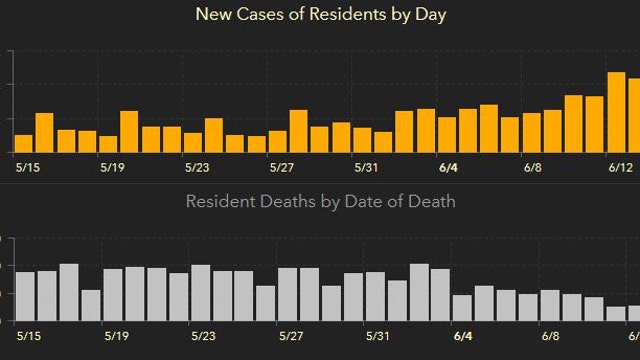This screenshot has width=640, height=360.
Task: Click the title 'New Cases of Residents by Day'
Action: click(x=320, y=15)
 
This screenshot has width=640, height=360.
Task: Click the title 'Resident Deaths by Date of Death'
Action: click(x=320, y=201)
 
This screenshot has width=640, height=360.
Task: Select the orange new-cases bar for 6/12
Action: click(x=617, y=111)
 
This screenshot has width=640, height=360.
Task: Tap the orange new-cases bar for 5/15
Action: click(x=23, y=142)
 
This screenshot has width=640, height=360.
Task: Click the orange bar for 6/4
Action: click(x=447, y=133)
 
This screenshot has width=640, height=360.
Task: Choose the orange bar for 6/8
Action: click(x=531, y=131)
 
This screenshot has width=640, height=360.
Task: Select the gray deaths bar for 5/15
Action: click(x=25, y=296)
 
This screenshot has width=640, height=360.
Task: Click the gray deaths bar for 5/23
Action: click(x=200, y=293)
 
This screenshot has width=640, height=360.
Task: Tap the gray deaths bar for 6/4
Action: click(x=462, y=308)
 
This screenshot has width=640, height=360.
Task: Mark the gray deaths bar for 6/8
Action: click(x=550, y=305)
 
